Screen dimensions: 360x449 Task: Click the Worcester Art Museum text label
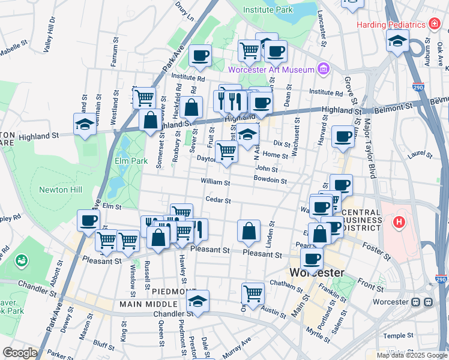pyautogui.click(x=271, y=70)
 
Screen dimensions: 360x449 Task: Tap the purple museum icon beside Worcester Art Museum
pyautogui.click(x=324, y=69)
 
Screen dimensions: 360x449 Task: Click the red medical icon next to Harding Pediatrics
pyautogui.click(x=435, y=24)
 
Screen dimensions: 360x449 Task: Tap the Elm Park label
pyautogui.click(x=127, y=161)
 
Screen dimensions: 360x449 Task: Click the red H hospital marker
pyautogui.click(x=399, y=223)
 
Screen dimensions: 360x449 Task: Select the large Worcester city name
pyautogui.click(x=317, y=273)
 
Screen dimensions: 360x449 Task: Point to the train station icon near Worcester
pyautogui.click(x=429, y=302)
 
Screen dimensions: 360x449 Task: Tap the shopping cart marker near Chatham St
pyautogui.click(x=253, y=293)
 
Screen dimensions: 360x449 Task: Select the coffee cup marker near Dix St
pyautogui.click(x=342, y=136)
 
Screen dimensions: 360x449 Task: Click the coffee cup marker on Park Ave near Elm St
pyautogui.click(x=88, y=220)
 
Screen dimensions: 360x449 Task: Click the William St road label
pyautogui.click(x=215, y=182)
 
